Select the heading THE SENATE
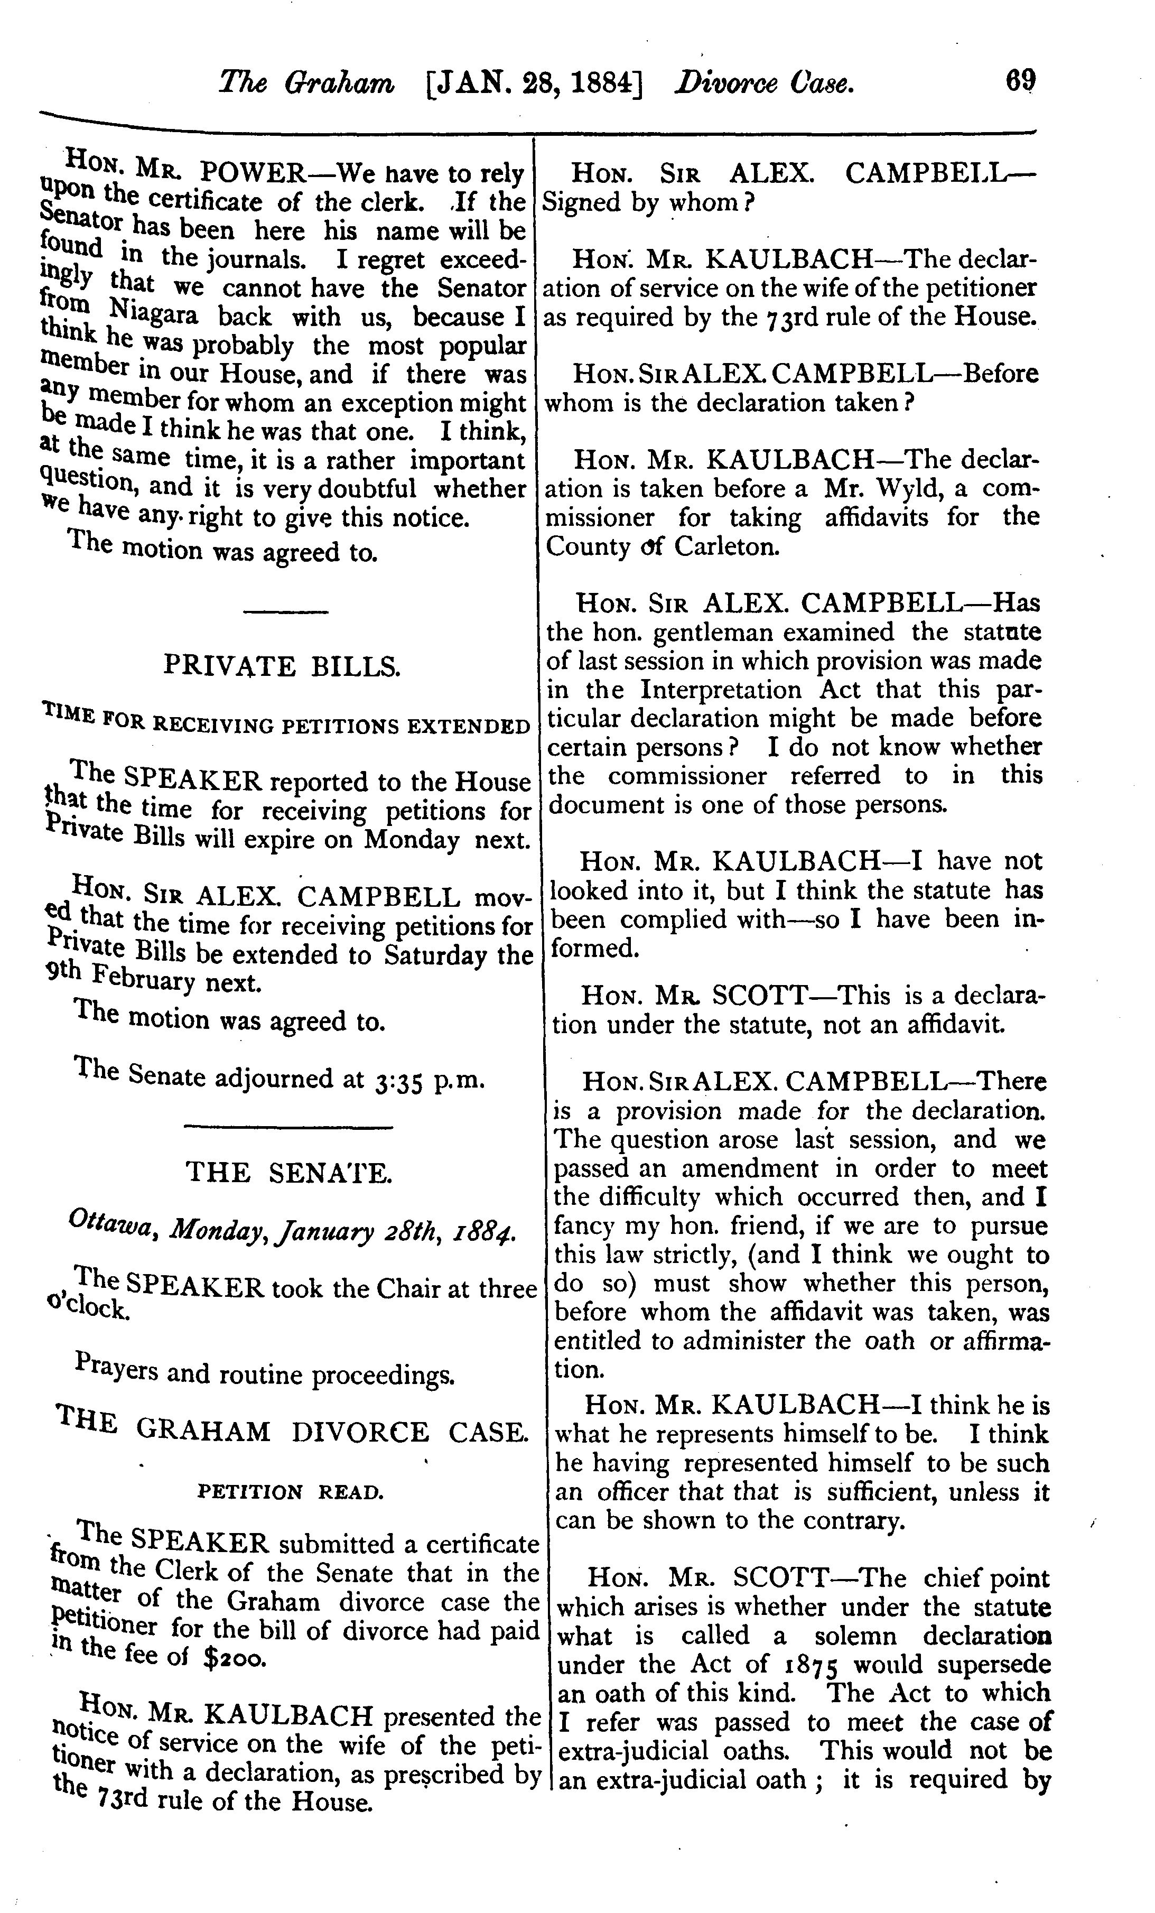(x=288, y=1172)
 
